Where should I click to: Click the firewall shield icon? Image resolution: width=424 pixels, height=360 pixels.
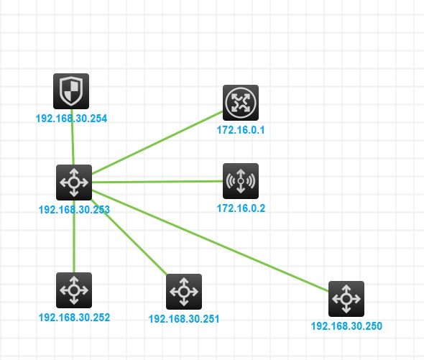pyautogui.click(x=71, y=91)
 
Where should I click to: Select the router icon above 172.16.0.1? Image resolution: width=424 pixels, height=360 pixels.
pyautogui.click(x=241, y=103)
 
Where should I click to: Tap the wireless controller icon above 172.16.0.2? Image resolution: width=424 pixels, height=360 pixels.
pyautogui.click(x=241, y=181)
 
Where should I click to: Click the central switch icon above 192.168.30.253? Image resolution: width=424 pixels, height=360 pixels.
pyautogui.click(x=74, y=183)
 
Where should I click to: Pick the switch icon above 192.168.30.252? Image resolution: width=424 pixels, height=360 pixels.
pyautogui.click(x=74, y=290)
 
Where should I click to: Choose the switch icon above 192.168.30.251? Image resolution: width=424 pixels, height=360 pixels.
pyautogui.click(x=184, y=292)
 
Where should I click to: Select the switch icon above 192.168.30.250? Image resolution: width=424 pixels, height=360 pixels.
pyautogui.click(x=346, y=299)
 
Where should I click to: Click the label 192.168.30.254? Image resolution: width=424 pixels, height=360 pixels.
pyautogui.click(x=71, y=119)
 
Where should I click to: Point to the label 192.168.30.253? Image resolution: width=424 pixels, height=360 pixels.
pyautogui.click(x=74, y=210)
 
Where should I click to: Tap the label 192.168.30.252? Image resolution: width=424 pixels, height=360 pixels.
pyautogui.click(x=74, y=318)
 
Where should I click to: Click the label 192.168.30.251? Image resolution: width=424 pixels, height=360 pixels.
pyautogui.click(x=184, y=319)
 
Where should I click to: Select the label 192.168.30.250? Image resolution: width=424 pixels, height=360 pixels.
pyautogui.click(x=346, y=326)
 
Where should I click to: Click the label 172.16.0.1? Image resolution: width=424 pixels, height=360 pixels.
pyautogui.click(x=241, y=130)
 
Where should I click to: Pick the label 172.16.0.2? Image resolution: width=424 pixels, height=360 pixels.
pyautogui.click(x=241, y=208)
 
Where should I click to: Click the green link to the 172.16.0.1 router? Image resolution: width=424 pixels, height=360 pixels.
pyautogui.click(x=157, y=142)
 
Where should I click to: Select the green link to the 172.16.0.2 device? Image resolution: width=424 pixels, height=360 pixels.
pyautogui.click(x=157, y=182)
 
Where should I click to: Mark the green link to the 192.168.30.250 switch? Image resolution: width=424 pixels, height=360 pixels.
pyautogui.click(x=211, y=241)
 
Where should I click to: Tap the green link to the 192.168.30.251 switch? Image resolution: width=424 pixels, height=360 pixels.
pyautogui.click(x=129, y=237)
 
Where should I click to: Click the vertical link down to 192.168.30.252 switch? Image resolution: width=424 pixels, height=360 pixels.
pyautogui.click(x=74, y=236)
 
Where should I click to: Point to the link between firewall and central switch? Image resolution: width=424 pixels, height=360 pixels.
pyautogui.click(x=73, y=137)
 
